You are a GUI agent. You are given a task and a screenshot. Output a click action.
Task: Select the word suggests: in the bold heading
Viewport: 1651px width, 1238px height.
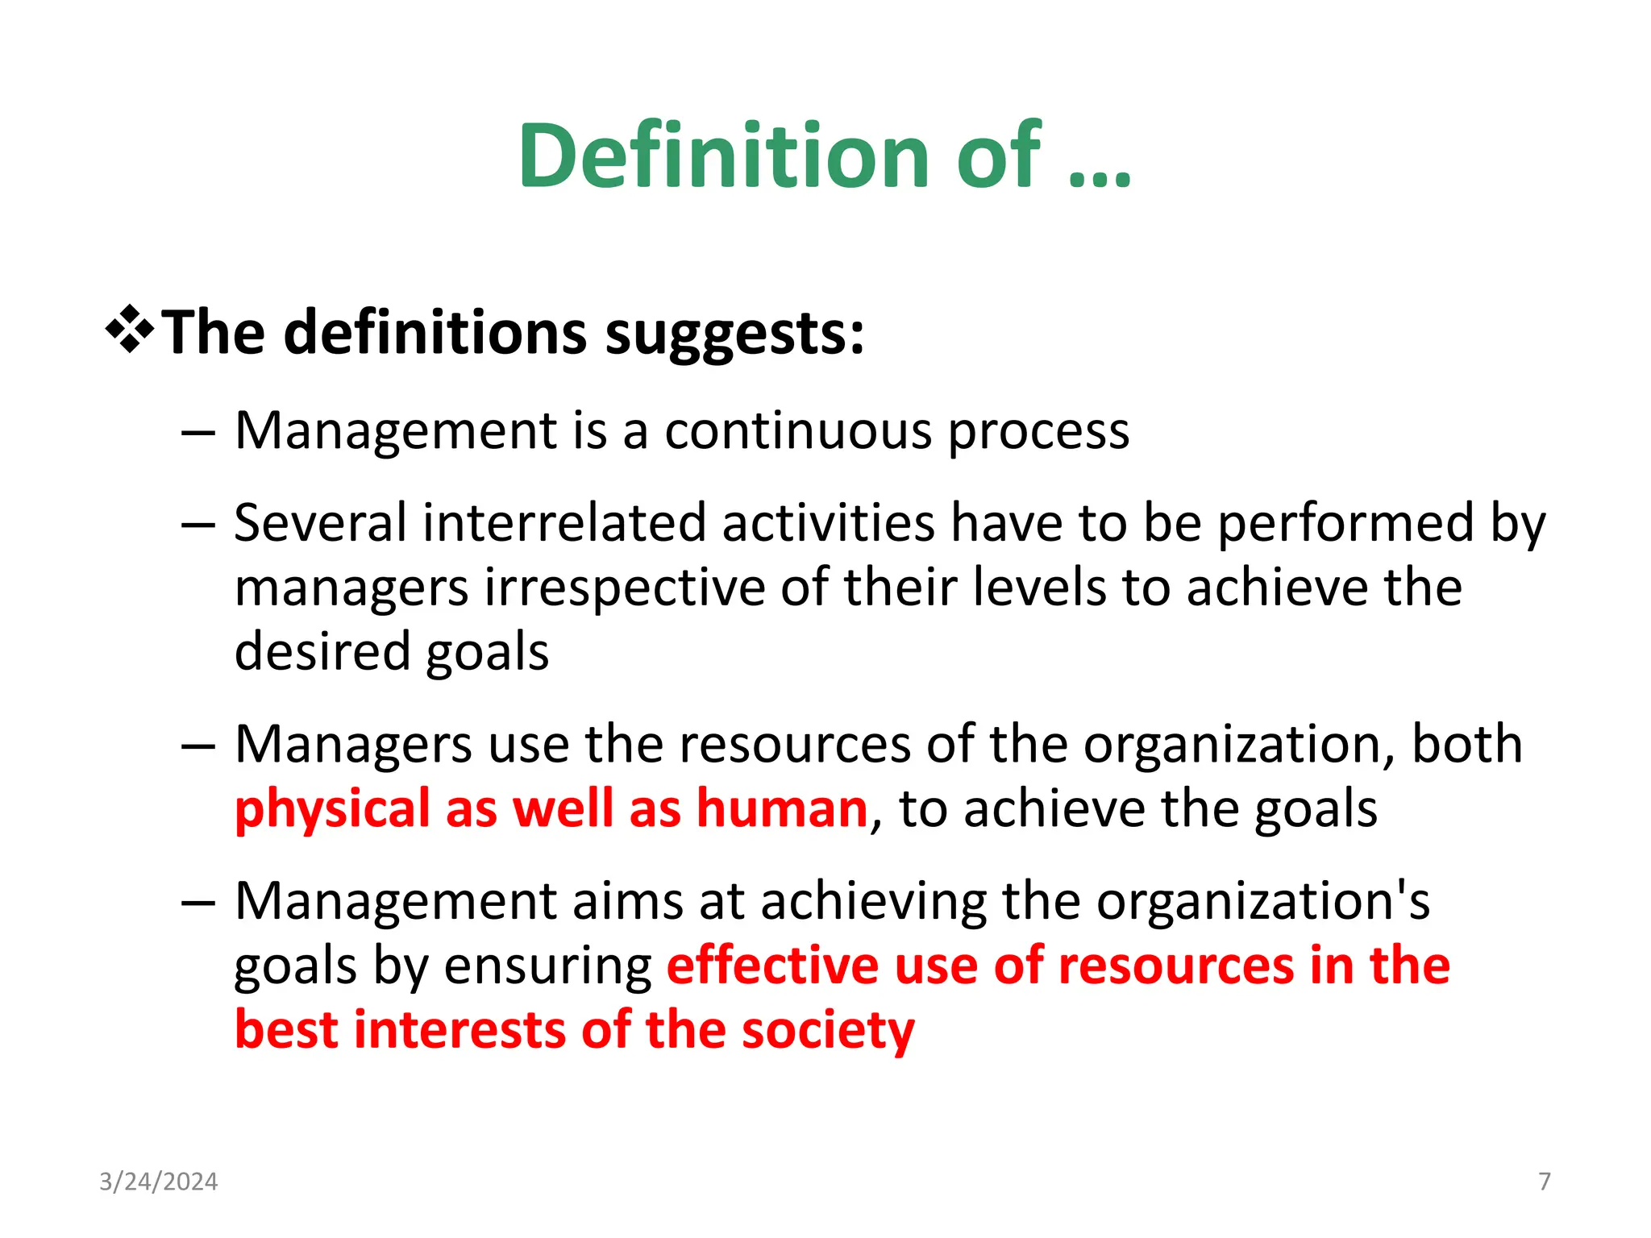734,334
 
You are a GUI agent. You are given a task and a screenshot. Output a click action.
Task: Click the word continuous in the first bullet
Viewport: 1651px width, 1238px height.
798,430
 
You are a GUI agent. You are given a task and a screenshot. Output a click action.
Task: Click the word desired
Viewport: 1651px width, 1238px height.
322,651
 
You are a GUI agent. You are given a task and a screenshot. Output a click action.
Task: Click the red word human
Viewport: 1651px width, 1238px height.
781,808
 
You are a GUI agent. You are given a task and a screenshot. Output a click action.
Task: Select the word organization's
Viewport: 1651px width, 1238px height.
1262,901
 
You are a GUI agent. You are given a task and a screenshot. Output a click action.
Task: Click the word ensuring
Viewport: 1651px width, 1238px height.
548,966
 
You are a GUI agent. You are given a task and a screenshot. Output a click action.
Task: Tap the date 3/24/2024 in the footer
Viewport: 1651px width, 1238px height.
158,1182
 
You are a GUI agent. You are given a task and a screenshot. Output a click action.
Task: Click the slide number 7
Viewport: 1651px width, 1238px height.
1545,1182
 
